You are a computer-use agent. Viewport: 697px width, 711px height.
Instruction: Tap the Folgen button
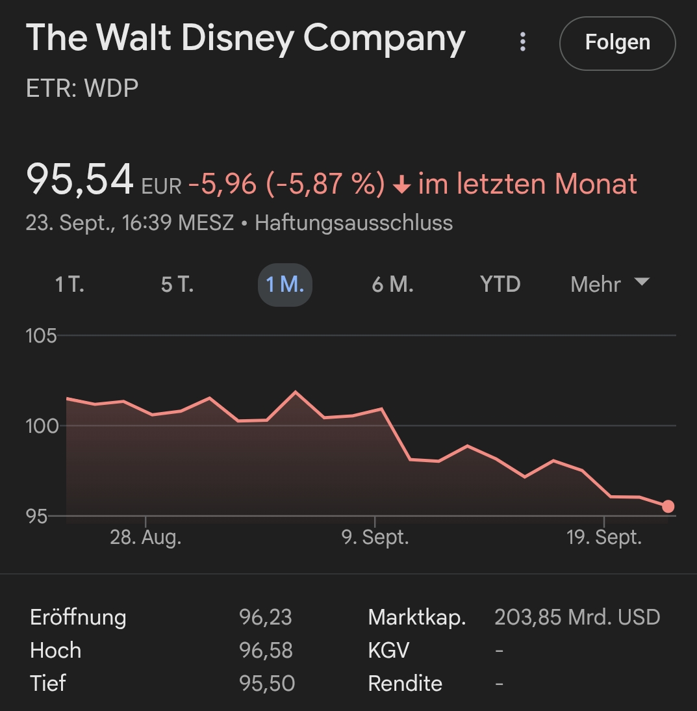(617, 43)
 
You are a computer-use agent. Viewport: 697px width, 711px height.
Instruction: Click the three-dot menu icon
(522, 42)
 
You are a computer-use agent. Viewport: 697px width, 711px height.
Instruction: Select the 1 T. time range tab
(70, 285)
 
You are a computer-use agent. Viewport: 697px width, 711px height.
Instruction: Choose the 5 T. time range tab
(177, 285)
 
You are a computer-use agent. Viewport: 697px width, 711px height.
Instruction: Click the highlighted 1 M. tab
(285, 285)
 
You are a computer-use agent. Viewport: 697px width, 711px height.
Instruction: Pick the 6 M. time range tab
(392, 285)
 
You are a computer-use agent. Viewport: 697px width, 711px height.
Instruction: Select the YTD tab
(500, 285)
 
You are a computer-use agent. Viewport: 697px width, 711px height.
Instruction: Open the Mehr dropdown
(609, 284)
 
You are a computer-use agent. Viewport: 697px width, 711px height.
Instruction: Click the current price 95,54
(80, 180)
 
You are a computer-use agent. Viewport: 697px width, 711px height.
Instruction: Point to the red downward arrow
(402, 185)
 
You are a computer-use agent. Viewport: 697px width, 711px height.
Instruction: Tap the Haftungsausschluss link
(353, 223)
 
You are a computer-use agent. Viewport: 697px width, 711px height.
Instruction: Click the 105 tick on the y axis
(42, 336)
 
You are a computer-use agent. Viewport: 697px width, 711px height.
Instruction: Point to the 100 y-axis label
(42, 426)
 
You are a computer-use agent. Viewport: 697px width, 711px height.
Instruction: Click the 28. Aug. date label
(146, 538)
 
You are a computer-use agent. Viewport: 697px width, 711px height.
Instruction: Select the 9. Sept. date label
(375, 538)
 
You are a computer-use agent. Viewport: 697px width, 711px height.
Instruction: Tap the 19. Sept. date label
(604, 538)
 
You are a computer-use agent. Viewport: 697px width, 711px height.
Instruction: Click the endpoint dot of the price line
(668, 506)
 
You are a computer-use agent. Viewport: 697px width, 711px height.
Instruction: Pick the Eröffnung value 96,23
(265, 617)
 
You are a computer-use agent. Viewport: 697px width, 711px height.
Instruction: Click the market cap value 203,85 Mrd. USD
(577, 617)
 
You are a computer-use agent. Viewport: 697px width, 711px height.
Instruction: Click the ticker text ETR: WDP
(82, 88)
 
